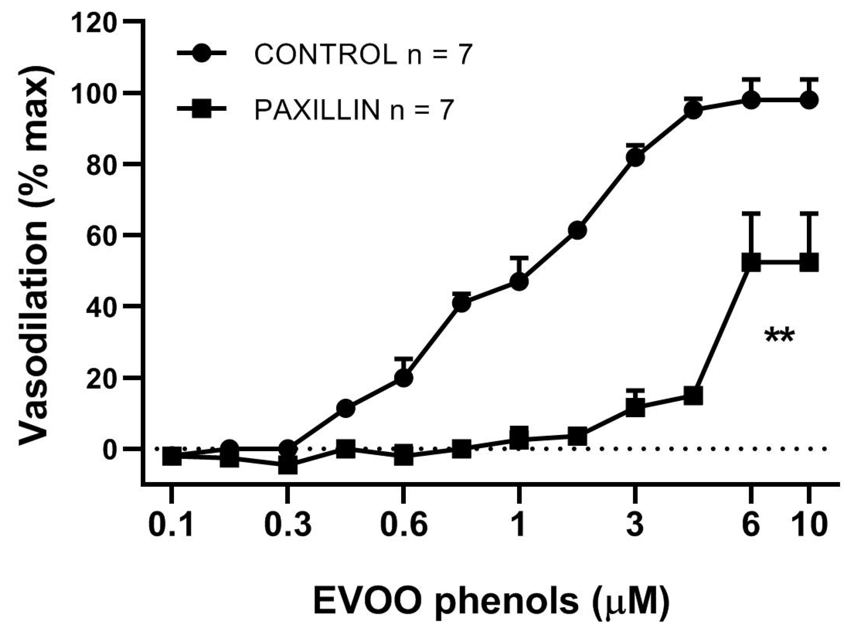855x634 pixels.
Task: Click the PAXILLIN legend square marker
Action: [x=201, y=110]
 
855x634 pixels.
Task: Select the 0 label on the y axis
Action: [x=109, y=448]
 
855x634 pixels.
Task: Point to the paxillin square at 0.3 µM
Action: [x=288, y=466]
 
